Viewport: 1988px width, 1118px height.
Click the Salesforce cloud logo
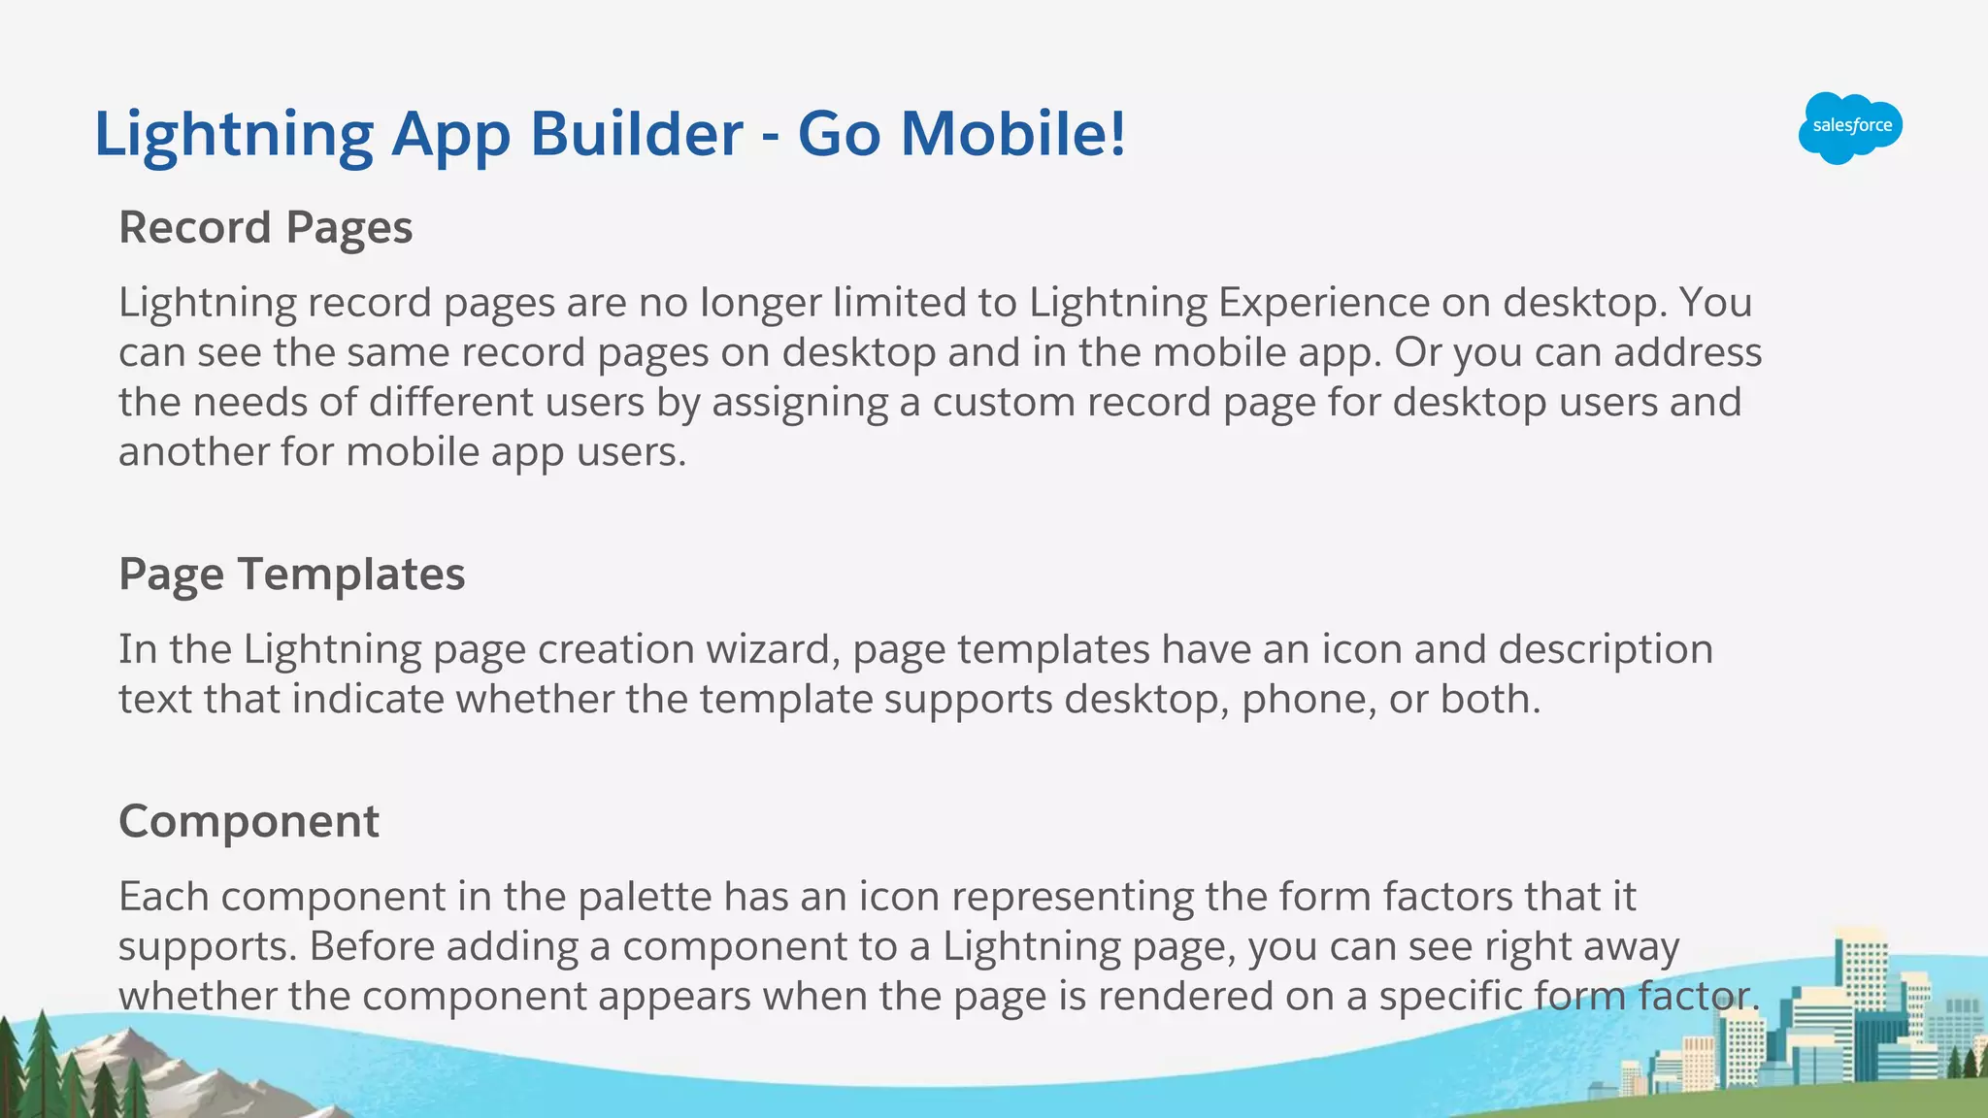point(1850,127)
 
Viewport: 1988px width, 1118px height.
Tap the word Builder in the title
point(636,133)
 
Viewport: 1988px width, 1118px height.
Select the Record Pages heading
point(265,228)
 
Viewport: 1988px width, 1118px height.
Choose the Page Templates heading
point(291,575)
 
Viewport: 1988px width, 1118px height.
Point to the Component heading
point(248,822)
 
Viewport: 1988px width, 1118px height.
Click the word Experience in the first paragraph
point(1324,303)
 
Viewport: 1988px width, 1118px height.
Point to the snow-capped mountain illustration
point(146,1068)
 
